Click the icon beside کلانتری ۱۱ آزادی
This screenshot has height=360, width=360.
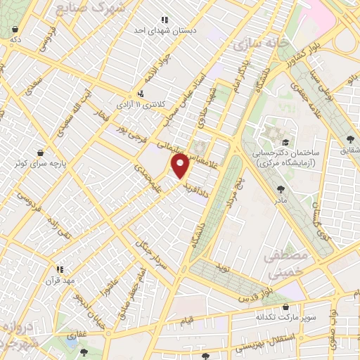tap(141, 93)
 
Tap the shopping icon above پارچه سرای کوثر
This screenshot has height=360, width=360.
tap(41, 152)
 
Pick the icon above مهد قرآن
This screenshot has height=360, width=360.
tap(60, 269)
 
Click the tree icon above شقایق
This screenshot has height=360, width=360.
tap(351, 139)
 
